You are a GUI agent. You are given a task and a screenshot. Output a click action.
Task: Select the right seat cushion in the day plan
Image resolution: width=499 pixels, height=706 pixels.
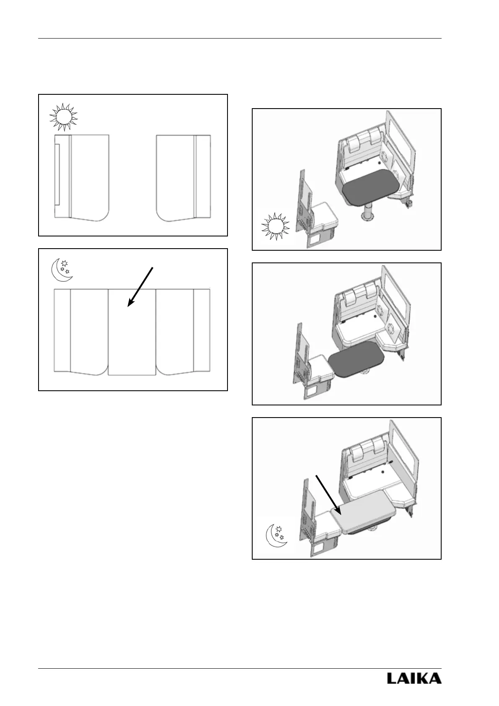pos(175,176)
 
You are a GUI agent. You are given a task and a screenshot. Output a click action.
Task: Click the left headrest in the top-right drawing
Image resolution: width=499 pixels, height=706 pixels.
pos(352,143)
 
